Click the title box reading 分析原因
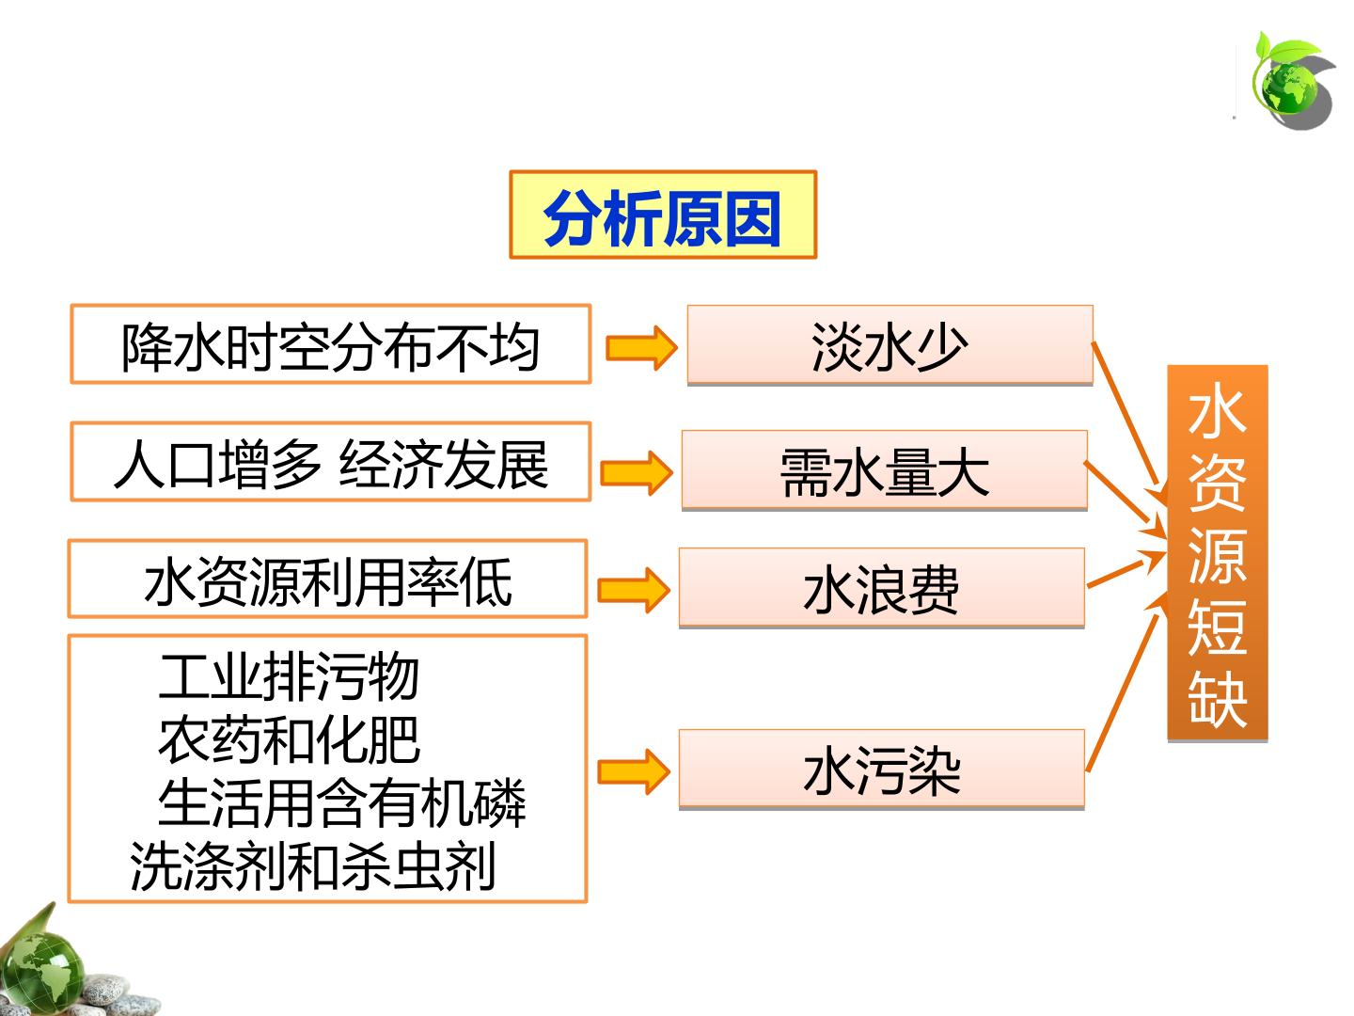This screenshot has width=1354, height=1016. [x=663, y=214]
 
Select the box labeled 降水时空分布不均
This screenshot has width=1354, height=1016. [x=331, y=343]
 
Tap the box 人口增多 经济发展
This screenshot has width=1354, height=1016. [x=331, y=461]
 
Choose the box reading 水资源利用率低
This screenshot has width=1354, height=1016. [x=327, y=579]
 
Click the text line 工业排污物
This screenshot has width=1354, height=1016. [x=289, y=676]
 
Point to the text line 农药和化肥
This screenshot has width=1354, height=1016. [x=289, y=739]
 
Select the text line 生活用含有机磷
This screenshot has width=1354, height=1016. [x=341, y=802]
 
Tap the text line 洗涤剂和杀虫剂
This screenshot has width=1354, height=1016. [x=313, y=866]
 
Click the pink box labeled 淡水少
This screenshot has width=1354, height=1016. [x=890, y=345]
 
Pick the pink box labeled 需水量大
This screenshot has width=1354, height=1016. [x=885, y=470]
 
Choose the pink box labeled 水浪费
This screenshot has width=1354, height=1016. [x=881, y=588]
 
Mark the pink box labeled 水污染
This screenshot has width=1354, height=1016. [x=881, y=769]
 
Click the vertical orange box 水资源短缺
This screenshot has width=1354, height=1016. [x=1217, y=553]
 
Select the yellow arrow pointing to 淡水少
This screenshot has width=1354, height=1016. [x=641, y=348]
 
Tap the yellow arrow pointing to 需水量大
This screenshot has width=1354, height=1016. [x=637, y=472]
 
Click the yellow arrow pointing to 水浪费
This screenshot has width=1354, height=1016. [x=634, y=591]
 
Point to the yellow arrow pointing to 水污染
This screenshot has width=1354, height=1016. [x=634, y=771]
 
